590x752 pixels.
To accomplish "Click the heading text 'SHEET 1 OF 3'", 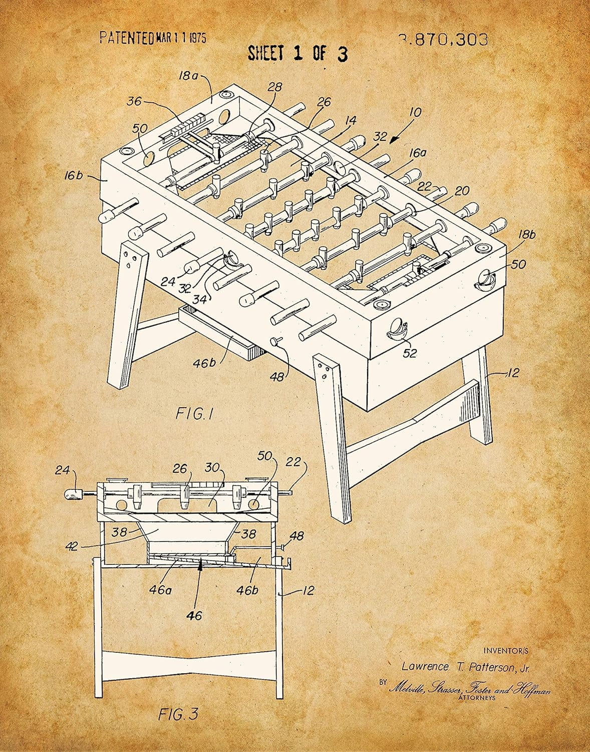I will pyautogui.click(x=298, y=53).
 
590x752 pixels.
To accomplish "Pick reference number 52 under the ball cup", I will pyautogui.click(x=410, y=353).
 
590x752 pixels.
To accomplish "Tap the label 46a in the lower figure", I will pyautogui.click(x=160, y=590).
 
